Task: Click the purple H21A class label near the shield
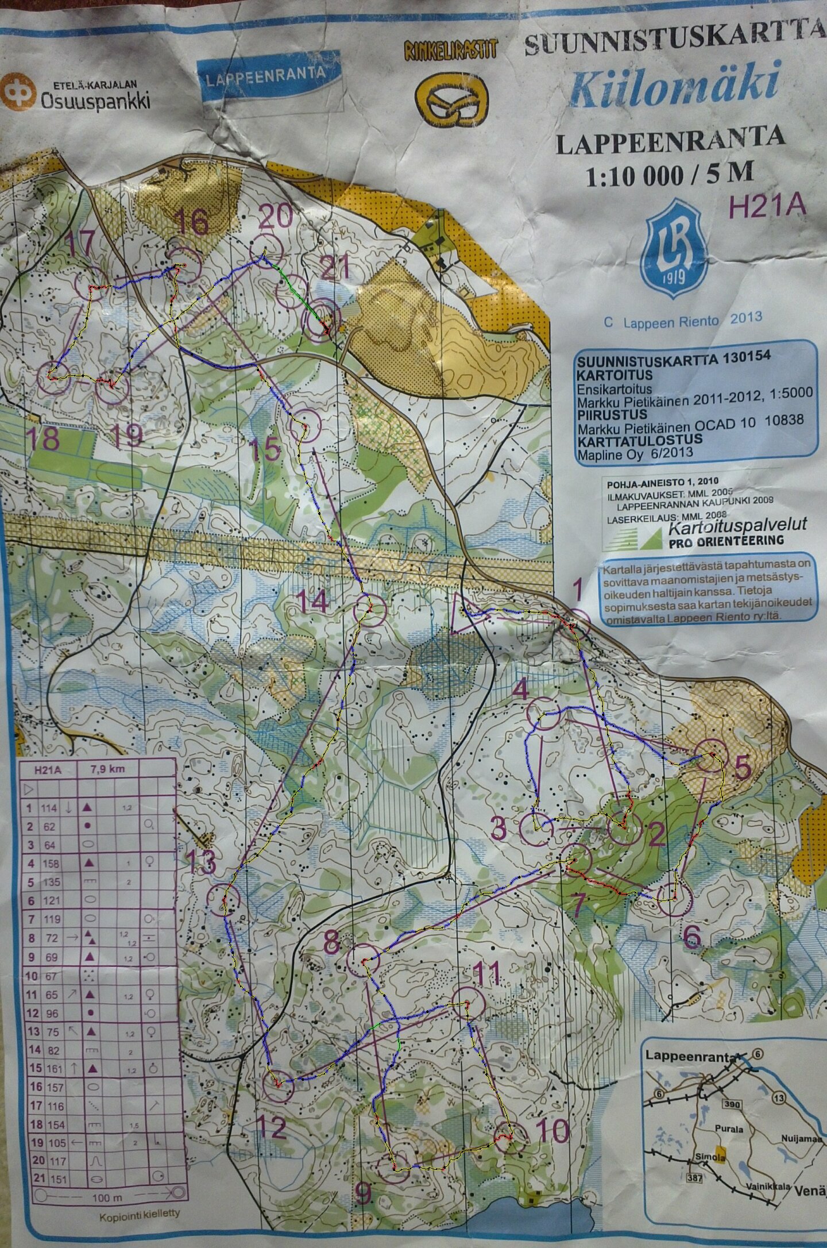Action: click(x=767, y=205)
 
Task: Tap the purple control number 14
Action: click(x=314, y=602)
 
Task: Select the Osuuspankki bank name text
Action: click(x=95, y=101)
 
